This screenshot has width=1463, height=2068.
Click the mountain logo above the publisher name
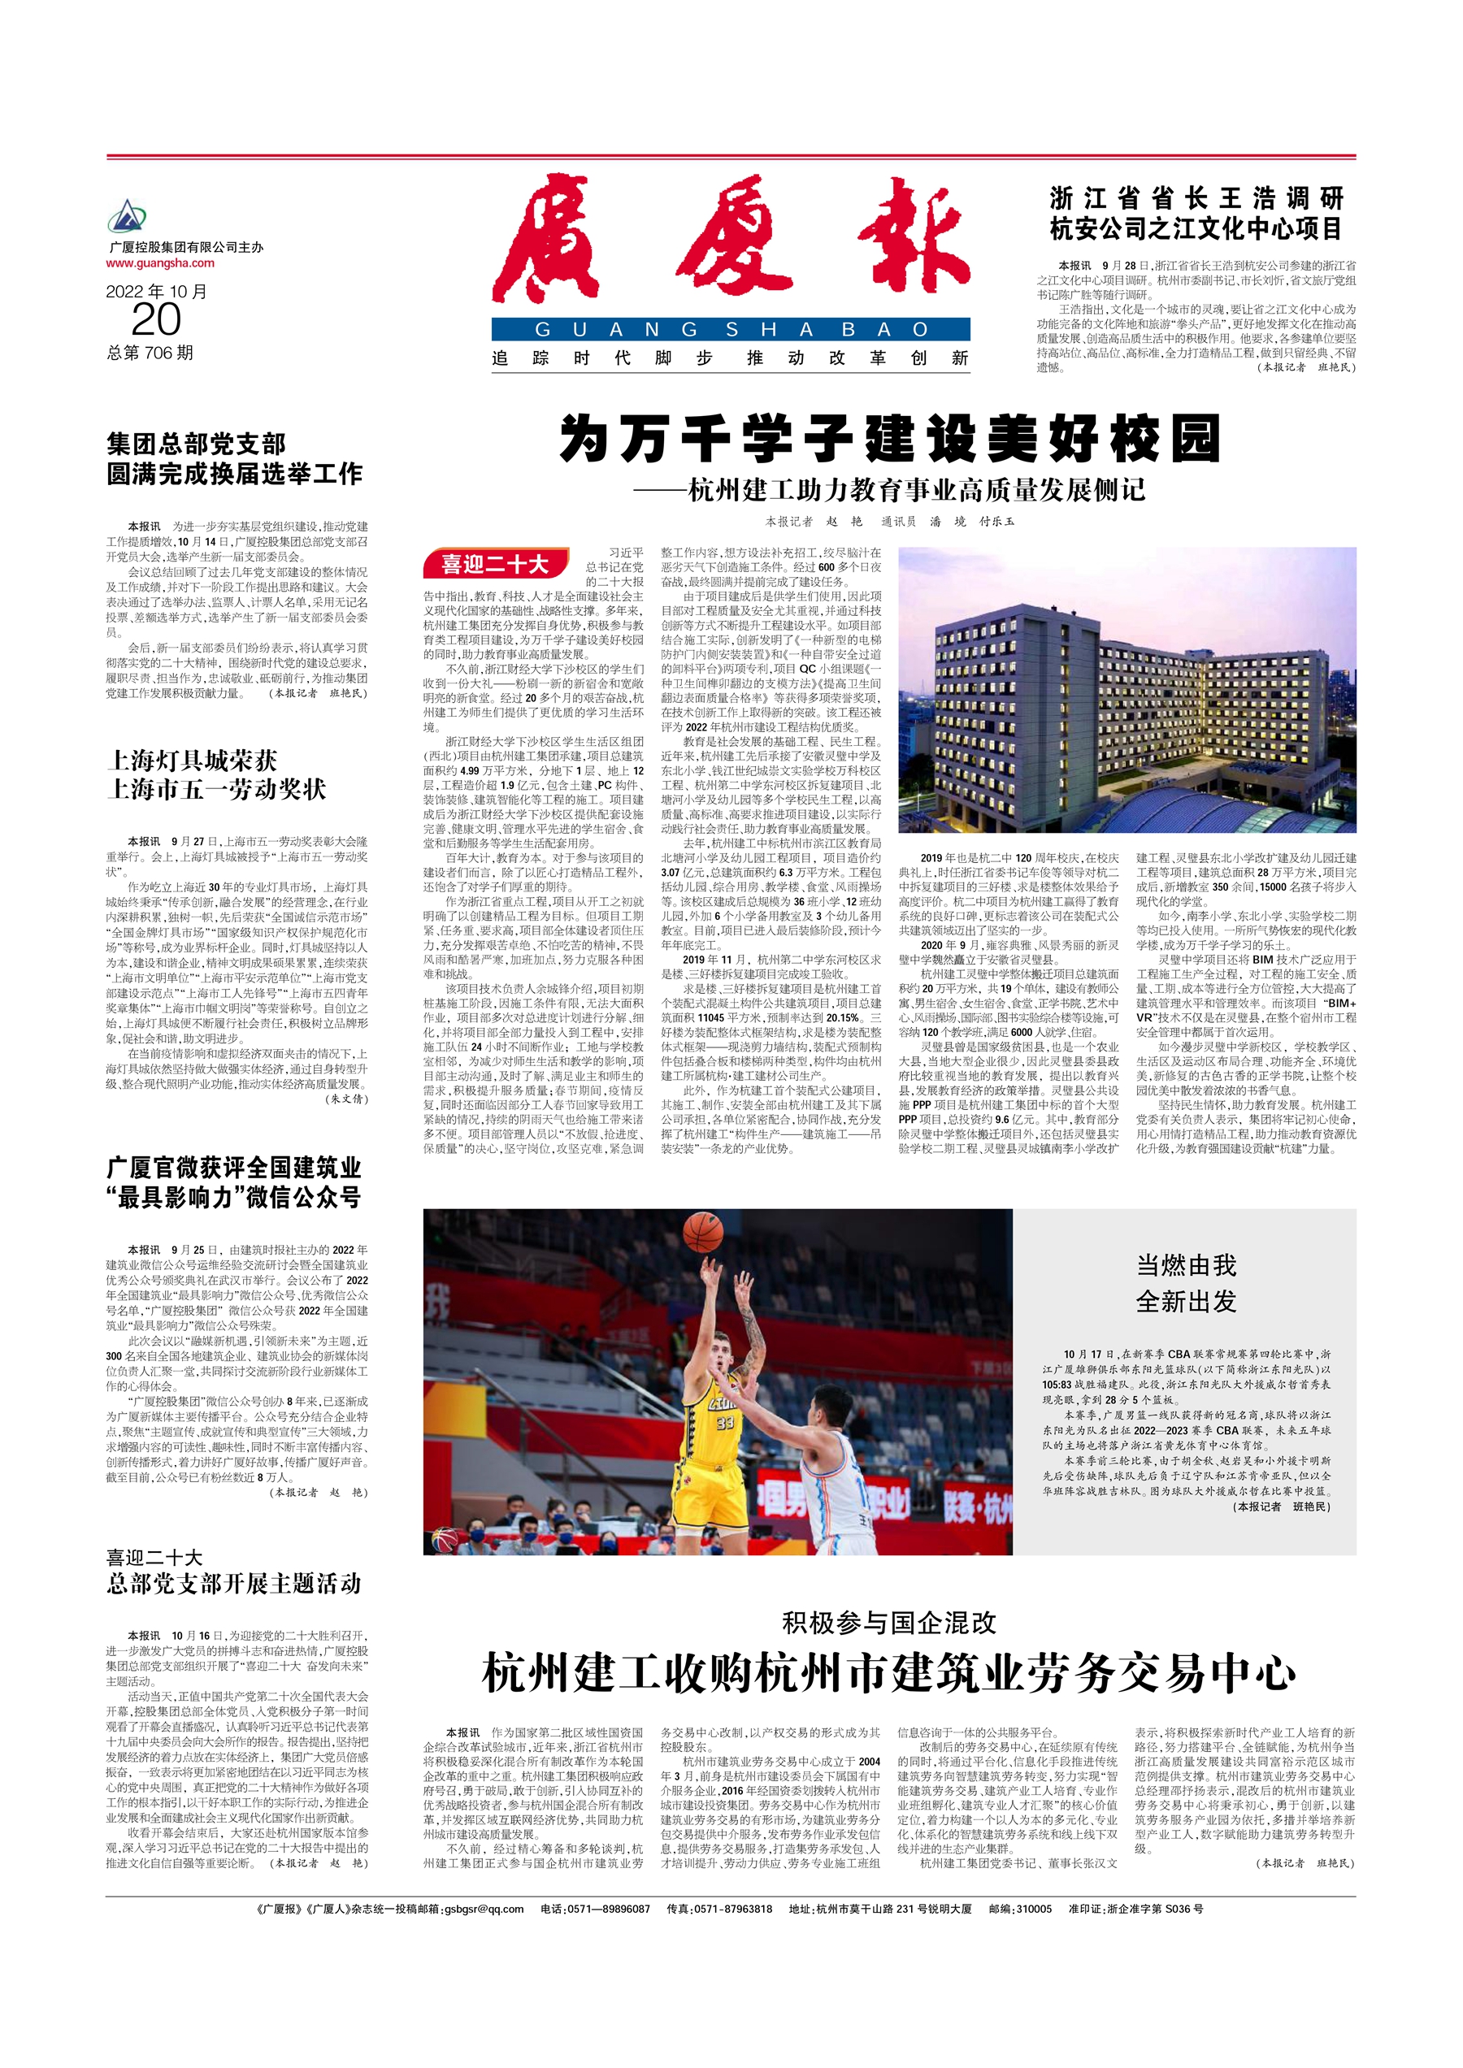(x=127, y=217)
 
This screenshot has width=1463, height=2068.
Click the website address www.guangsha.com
(x=160, y=263)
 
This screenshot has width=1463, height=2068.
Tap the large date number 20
(x=156, y=319)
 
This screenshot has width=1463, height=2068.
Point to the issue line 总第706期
(x=150, y=352)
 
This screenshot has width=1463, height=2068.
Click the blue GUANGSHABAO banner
(x=731, y=330)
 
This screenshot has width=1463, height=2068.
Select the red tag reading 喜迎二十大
(x=494, y=564)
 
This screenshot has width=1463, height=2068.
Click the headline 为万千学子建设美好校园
(x=889, y=439)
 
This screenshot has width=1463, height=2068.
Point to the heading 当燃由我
(x=1186, y=1265)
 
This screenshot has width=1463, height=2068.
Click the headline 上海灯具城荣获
(x=192, y=761)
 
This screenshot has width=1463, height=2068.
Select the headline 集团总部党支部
(x=197, y=443)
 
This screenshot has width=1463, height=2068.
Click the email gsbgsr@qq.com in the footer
(x=483, y=1909)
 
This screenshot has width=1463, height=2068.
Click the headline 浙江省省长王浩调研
(x=1196, y=198)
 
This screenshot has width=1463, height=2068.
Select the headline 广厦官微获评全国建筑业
(x=234, y=1168)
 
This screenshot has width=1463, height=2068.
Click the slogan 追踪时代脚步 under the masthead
(x=603, y=358)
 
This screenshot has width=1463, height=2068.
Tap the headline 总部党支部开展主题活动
(x=234, y=1584)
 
